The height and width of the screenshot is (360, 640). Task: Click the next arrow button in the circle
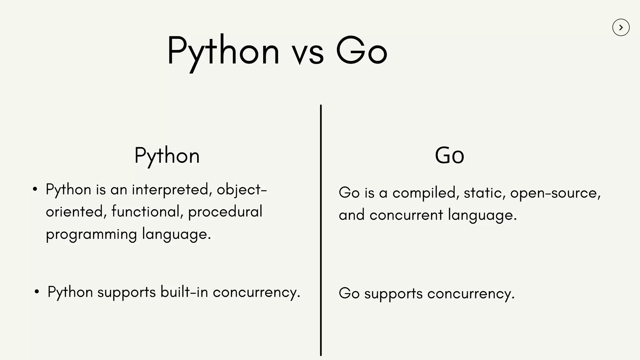tap(621, 27)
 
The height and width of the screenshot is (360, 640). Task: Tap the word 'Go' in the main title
tap(362, 51)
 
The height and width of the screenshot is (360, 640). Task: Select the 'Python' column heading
tap(167, 156)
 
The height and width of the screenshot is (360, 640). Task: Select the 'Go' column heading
tap(449, 156)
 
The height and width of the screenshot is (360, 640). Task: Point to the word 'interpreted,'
tap(172, 190)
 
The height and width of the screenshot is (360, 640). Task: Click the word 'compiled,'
tap(426, 193)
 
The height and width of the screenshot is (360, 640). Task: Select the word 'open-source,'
tap(555, 193)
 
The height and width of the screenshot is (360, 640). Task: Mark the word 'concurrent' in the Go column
tap(406, 215)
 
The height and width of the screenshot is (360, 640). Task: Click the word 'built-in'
tap(184, 292)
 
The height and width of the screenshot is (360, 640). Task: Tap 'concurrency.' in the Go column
tap(471, 294)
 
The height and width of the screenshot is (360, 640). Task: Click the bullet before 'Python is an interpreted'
tap(35, 189)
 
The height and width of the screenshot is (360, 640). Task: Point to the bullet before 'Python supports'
tap(37, 292)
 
